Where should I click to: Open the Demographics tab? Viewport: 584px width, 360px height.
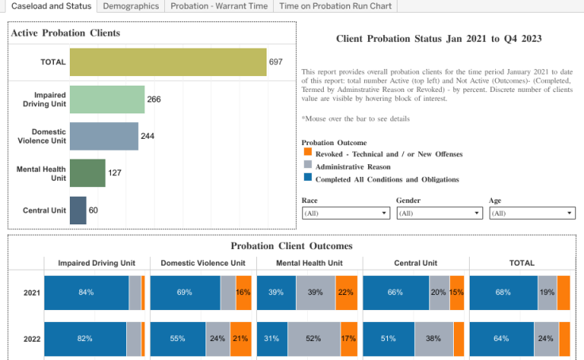pos(130,6)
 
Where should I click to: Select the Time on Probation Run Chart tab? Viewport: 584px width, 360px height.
pos(334,6)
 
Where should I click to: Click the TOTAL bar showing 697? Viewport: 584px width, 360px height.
pos(167,62)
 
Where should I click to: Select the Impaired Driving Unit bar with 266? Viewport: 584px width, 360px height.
pos(107,99)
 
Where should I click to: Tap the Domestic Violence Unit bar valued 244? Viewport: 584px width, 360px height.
pos(104,136)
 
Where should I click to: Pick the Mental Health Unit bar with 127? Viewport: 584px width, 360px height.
pos(87,173)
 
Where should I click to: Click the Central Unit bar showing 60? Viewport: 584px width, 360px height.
pos(78,210)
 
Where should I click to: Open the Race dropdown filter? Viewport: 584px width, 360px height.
pos(346,213)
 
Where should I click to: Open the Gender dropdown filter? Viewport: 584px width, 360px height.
pos(440,213)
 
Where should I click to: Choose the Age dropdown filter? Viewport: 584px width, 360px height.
pos(532,213)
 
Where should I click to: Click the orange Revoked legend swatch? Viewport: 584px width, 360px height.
pos(308,153)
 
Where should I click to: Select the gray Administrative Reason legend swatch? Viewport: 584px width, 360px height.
pos(308,166)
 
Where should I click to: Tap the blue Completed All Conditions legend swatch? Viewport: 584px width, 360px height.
pos(308,178)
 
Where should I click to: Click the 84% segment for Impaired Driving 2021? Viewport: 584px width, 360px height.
pos(86,293)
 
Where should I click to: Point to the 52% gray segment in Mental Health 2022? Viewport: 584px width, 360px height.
pos(313,339)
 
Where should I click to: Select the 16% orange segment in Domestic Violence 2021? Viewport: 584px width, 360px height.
pos(244,293)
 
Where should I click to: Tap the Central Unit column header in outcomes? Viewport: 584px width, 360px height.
pos(415,262)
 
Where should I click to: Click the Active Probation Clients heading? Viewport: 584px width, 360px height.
pos(66,33)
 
